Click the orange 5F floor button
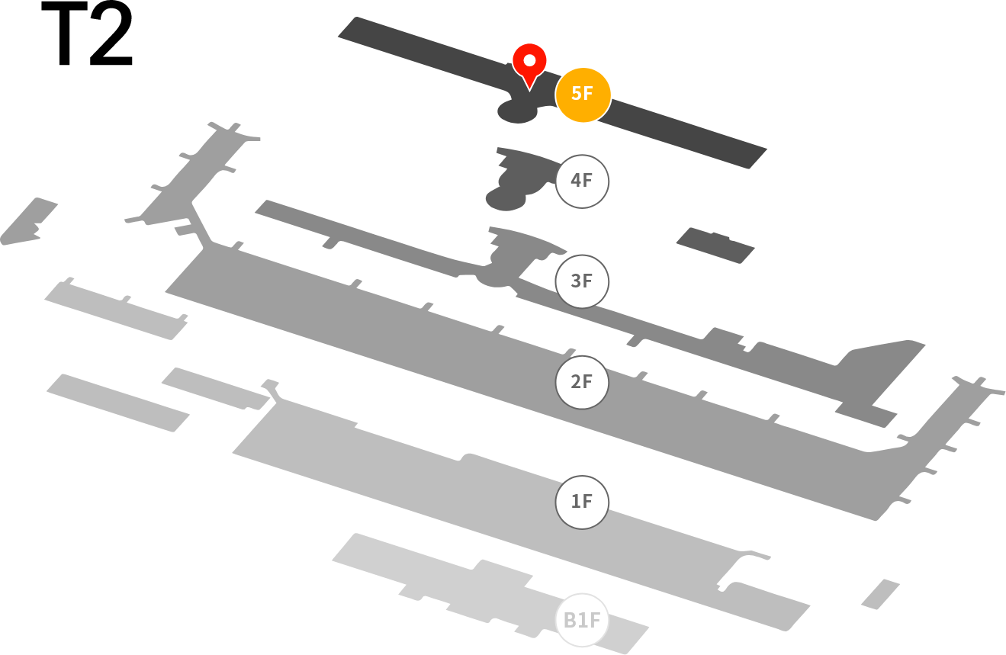pos(583,95)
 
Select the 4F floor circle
pos(582,181)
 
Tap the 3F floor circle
pos(582,281)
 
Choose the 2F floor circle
pos(582,383)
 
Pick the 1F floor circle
pos(582,502)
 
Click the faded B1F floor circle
pos(582,620)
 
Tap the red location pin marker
pos(530,63)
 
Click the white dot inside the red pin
pos(530,60)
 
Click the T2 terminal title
pos(87,34)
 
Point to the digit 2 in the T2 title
pos(111,34)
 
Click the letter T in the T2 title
pos(65,34)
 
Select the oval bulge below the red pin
pos(517,111)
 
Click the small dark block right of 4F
pos(715,246)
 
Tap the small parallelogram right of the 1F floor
pos(880,595)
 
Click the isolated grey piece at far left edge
pos(28,222)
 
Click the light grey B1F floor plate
pos(490,592)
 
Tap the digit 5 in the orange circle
pos(577,93)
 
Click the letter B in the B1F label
pos(570,621)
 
